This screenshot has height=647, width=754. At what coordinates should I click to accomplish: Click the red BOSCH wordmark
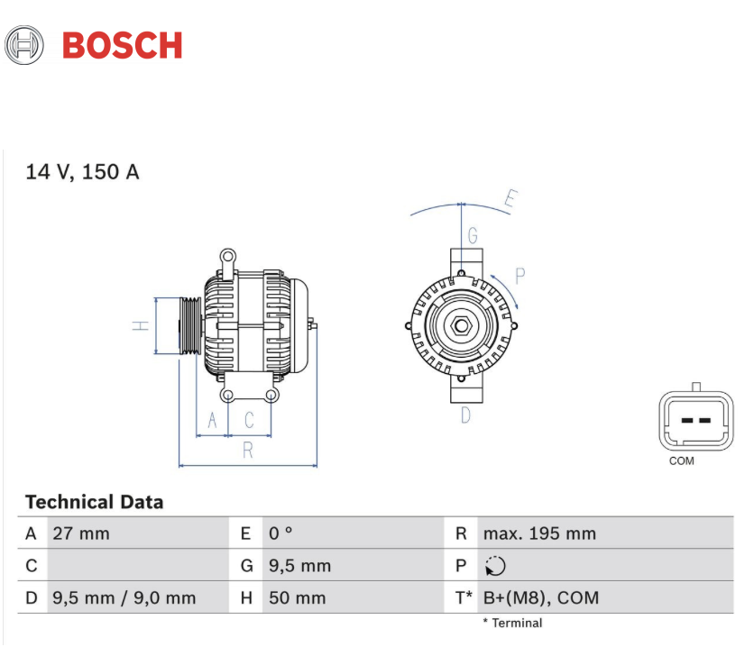[x=122, y=46]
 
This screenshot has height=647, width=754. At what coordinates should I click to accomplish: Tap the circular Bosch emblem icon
[x=24, y=45]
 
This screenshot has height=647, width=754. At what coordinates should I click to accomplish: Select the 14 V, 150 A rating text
[x=82, y=172]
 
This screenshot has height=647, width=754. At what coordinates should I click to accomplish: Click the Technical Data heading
[x=94, y=502]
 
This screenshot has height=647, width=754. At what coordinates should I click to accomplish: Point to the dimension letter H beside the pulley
[x=141, y=325]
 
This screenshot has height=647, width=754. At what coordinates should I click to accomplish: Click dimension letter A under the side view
[x=212, y=420]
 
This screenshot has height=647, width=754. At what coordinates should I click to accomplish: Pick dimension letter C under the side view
[x=249, y=420]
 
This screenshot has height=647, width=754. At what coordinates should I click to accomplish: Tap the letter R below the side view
[x=248, y=450]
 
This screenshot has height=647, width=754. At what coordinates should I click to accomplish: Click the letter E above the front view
[x=511, y=198]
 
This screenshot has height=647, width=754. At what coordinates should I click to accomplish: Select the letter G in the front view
[x=473, y=235]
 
